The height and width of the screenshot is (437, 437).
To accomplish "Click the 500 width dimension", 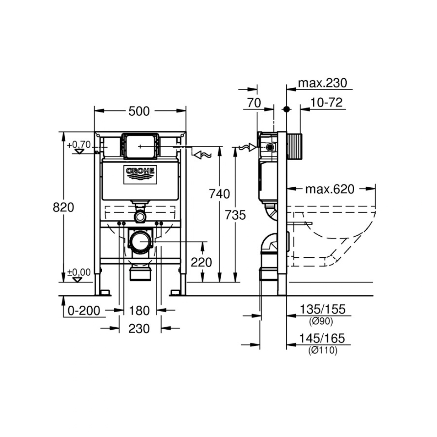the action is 139,111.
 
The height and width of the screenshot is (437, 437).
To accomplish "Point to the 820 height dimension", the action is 63,207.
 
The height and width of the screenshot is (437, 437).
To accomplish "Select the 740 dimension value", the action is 219,194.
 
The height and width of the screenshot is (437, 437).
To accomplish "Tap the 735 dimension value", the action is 235,215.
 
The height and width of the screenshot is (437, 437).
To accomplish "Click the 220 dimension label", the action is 201,263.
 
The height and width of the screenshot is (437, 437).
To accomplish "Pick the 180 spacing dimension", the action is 139,310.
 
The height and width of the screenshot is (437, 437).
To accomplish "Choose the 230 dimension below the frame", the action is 139,329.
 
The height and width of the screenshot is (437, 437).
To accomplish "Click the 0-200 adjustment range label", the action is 84,310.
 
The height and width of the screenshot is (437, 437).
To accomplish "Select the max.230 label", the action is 322,83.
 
